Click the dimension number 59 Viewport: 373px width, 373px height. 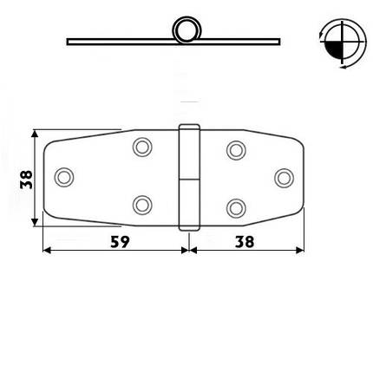coord(120,242)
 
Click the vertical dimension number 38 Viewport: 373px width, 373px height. coord(27,180)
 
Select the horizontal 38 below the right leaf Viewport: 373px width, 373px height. coord(245,242)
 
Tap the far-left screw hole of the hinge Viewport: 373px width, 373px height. coord(64,177)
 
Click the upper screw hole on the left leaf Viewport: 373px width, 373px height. coord(142,147)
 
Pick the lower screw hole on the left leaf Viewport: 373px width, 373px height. coord(142,205)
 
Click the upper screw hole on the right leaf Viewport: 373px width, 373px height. coord(236,150)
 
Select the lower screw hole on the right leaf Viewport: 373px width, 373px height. coord(236,208)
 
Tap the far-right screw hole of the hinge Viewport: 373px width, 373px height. coord(284,178)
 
